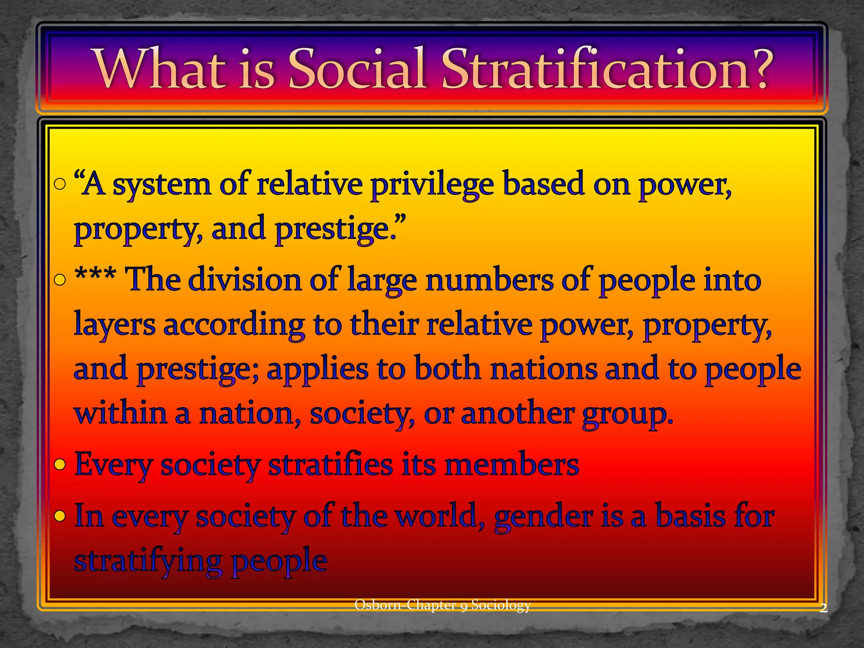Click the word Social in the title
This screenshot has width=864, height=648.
[x=357, y=69]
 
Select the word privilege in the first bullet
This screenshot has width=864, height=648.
[x=432, y=186]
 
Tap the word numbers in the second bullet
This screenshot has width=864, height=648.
[x=489, y=280]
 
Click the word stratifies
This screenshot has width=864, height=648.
[x=331, y=465]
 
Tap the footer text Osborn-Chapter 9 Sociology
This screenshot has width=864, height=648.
[x=442, y=605]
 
